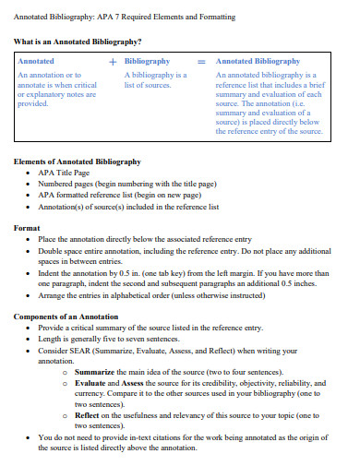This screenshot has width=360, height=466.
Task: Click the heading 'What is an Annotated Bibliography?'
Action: (x=77, y=42)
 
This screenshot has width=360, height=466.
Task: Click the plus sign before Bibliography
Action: (x=113, y=61)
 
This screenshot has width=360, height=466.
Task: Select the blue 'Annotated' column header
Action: (x=36, y=61)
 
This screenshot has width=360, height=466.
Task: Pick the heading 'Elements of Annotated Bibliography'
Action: (x=77, y=161)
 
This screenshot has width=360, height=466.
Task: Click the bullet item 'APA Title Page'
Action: (x=65, y=173)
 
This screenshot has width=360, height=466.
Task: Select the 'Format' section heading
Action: (x=27, y=227)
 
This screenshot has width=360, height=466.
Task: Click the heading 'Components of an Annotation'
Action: (x=66, y=317)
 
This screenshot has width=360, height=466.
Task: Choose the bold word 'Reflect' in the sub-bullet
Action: (x=89, y=414)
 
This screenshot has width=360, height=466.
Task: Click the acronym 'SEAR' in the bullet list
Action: (x=79, y=350)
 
